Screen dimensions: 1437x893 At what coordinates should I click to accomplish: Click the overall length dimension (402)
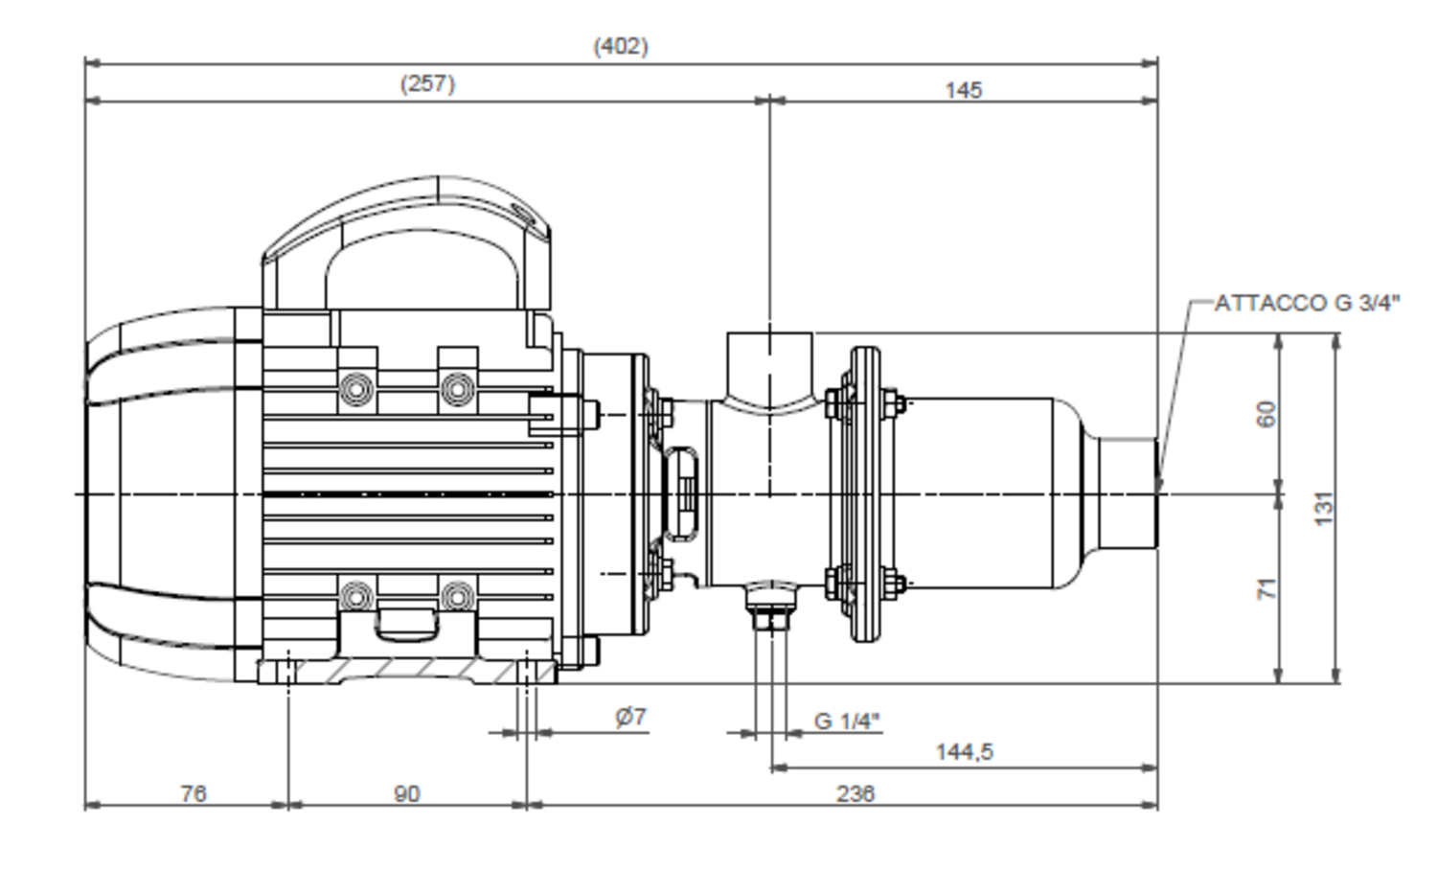coord(621,47)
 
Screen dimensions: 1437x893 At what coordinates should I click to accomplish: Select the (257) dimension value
coord(427,84)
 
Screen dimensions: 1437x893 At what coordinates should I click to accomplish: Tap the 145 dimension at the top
coord(964,90)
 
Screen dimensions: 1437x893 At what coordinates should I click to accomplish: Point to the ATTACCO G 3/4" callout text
coord(1307,303)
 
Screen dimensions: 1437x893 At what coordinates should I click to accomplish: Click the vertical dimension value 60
coord(1266,414)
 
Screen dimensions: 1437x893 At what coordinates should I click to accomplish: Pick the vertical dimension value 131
coord(1324,509)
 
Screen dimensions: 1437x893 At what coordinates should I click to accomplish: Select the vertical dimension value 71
coord(1266,589)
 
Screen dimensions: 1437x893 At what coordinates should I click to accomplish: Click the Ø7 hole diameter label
coord(630,717)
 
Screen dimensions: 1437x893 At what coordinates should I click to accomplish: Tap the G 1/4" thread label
coord(847,721)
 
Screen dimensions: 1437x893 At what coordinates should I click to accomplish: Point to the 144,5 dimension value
coord(964,752)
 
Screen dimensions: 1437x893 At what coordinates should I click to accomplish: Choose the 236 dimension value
coord(855,794)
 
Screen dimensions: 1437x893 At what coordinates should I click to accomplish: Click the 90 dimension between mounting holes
coord(407,794)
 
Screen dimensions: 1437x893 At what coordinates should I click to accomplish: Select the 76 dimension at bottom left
coord(194,794)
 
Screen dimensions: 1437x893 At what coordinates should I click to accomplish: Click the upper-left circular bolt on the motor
coord(357,389)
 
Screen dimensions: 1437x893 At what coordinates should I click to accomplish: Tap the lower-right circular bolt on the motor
coord(457,597)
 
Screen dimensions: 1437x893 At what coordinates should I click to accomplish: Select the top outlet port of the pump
coord(770,366)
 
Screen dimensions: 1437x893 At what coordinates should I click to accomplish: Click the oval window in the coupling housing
coord(682,494)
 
